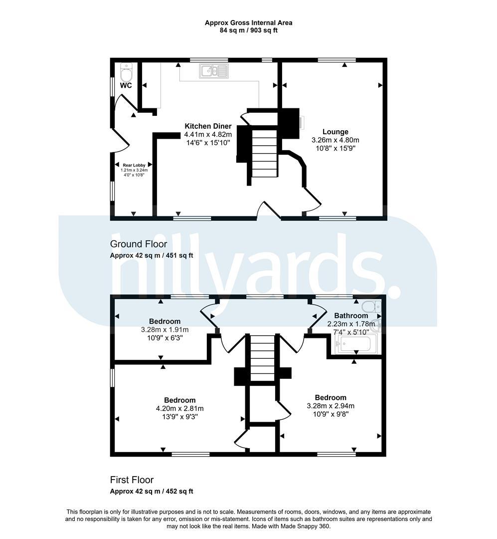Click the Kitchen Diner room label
pyautogui.click(x=208, y=126)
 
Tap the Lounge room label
pyautogui.click(x=335, y=132)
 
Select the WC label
pyautogui.click(x=126, y=85)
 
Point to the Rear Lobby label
pyautogui.click(x=134, y=165)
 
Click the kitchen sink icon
pyautogui.click(x=214, y=71)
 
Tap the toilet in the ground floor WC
pyautogui.click(x=127, y=72)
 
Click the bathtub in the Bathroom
pyautogui.click(x=354, y=344)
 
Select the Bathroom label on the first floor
pyautogui.click(x=351, y=315)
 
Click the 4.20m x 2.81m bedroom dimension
pyautogui.click(x=179, y=409)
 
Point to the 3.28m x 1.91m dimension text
pyautogui.click(x=165, y=330)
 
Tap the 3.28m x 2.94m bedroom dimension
pyautogui.click(x=331, y=406)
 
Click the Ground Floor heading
pyautogui.click(x=139, y=244)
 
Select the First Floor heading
pyautogui.click(x=132, y=480)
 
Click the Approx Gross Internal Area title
pyautogui.click(x=249, y=23)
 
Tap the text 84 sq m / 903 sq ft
pyautogui.click(x=249, y=30)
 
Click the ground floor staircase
pyautogui.click(x=265, y=153)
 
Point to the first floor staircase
pyautogui.click(x=262, y=358)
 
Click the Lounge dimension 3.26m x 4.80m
pyautogui.click(x=335, y=140)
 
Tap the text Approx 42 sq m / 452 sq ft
pyautogui.click(x=152, y=492)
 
